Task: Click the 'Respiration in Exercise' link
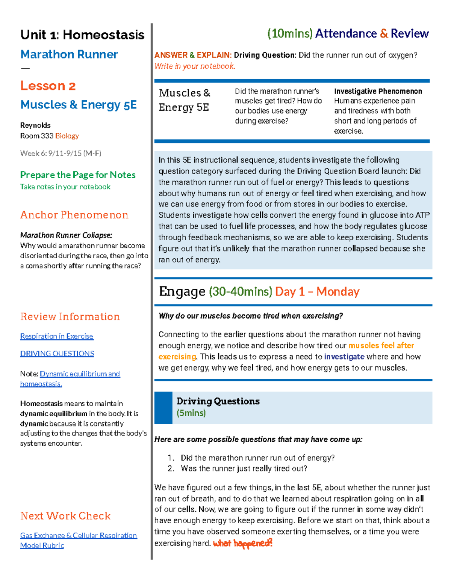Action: tap(57, 336)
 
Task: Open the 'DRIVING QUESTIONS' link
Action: tap(57, 353)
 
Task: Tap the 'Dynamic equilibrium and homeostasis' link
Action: tap(80, 374)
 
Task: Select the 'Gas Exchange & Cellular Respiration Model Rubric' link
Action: tap(78, 535)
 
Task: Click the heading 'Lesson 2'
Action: tap(48, 86)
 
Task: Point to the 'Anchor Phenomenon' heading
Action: tap(74, 215)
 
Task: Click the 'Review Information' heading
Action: tap(70, 316)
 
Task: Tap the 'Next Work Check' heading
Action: tap(65, 516)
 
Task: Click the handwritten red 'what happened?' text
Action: tap(242, 543)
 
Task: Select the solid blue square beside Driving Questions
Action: tap(163, 408)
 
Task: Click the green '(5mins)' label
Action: tap(191, 413)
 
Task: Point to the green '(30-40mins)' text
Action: tap(241, 292)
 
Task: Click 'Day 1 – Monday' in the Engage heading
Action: tap(317, 292)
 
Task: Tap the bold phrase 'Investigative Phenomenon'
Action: tap(378, 91)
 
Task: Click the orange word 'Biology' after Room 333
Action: tap(67, 136)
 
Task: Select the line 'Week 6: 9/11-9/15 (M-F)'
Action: tap(61, 153)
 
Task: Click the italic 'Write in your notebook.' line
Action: tap(195, 66)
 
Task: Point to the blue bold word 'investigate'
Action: tap(344, 357)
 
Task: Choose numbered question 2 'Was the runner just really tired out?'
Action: tap(244, 469)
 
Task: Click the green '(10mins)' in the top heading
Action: tap(289, 34)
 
